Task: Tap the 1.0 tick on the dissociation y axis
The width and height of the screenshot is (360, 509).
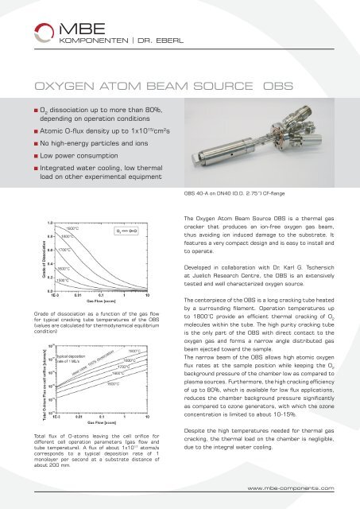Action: tap(47, 223)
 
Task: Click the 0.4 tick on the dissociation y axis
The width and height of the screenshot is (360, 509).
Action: tap(47, 264)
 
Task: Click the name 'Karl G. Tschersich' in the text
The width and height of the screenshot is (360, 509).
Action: tap(310, 258)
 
